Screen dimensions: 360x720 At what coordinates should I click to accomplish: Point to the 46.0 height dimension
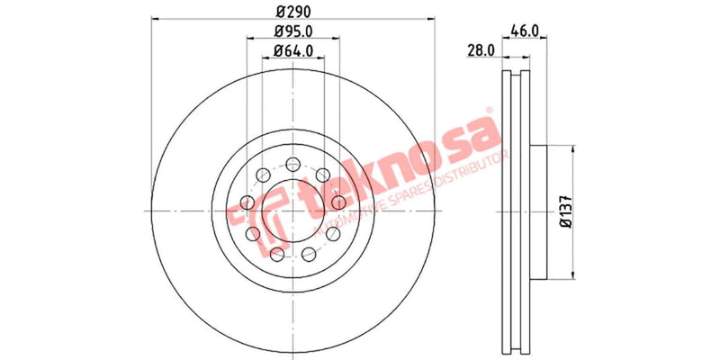(525, 30)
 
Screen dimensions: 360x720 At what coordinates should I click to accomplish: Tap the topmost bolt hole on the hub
(293, 165)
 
